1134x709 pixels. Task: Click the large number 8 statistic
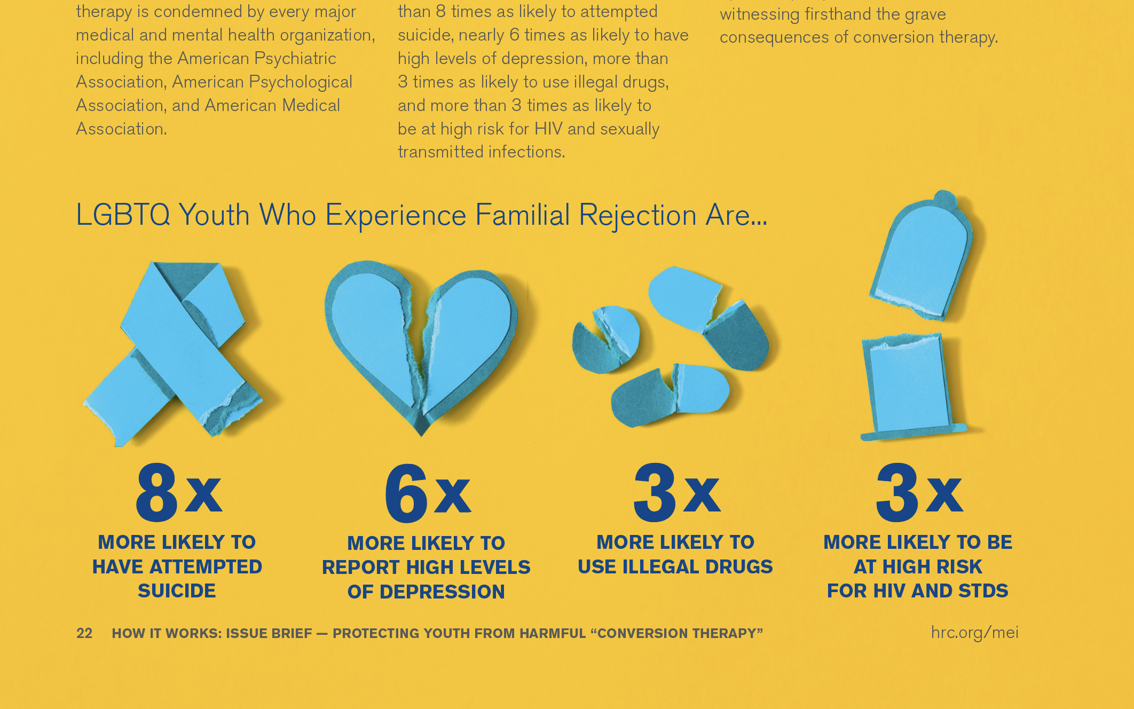click(156, 492)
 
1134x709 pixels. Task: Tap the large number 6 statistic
click(406, 492)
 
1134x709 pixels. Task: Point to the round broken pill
click(606, 340)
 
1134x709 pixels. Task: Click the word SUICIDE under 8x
click(177, 591)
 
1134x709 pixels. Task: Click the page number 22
click(84, 633)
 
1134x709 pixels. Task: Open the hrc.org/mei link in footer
click(974, 633)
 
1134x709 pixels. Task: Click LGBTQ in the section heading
click(123, 215)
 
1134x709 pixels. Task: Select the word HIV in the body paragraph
click(548, 129)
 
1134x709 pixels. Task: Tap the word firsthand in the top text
click(839, 14)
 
